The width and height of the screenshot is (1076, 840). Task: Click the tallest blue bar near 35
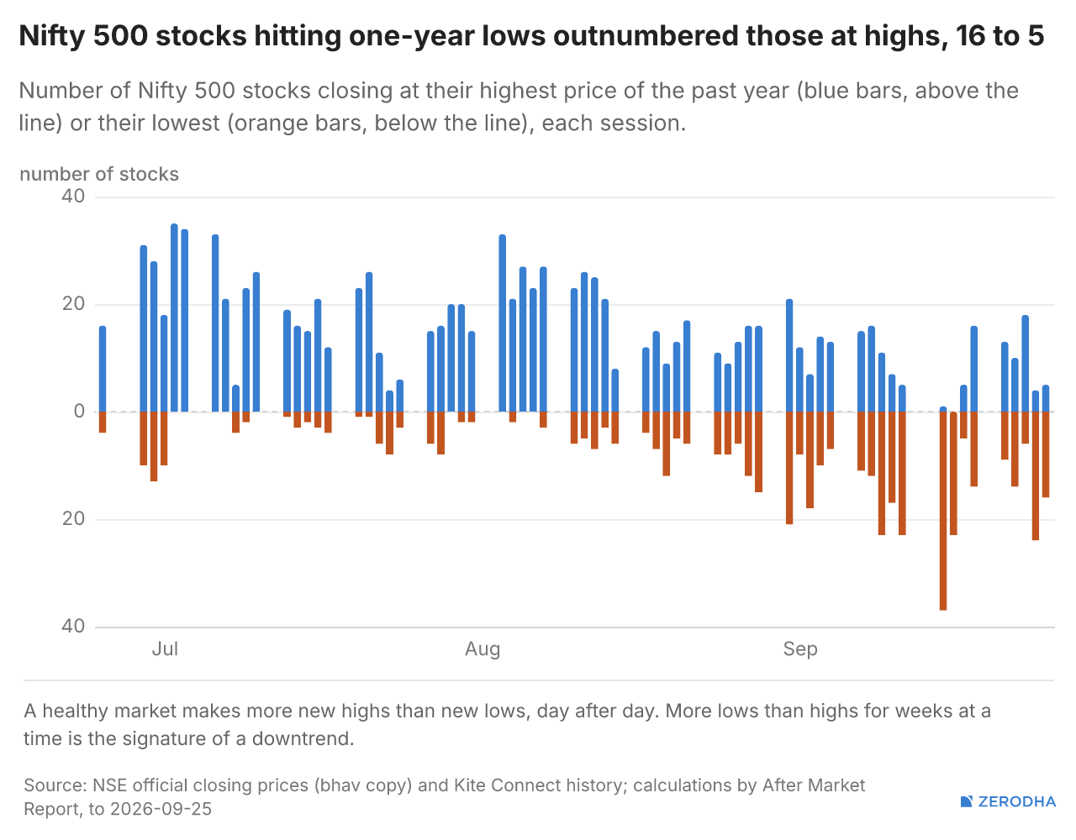click(174, 318)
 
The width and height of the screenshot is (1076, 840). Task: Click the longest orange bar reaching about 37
click(943, 511)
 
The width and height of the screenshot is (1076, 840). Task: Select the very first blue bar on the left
click(103, 369)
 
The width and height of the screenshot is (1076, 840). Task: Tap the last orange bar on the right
click(1045, 454)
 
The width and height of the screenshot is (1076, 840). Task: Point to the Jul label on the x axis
click(165, 649)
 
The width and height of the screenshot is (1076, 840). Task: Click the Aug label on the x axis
click(483, 649)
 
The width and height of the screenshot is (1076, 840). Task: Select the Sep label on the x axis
click(800, 649)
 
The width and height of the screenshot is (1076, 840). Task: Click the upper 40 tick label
click(73, 197)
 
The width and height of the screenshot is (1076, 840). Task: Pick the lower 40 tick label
click(73, 627)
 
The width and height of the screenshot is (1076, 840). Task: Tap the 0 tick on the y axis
click(79, 411)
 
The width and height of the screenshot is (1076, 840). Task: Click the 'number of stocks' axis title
click(99, 174)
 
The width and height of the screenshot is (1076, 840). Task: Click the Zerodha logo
click(1008, 801)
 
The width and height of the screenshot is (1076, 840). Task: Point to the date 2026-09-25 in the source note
click(161, 809)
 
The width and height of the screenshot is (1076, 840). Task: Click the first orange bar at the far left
click(103, 422)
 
